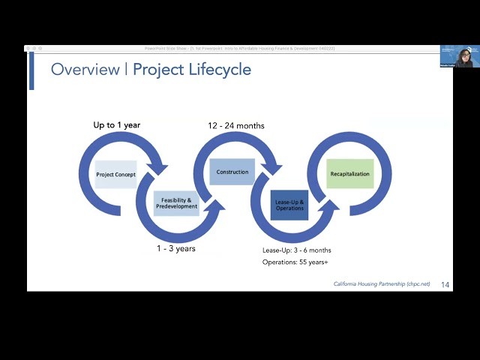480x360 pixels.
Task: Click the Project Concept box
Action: pos(116,175)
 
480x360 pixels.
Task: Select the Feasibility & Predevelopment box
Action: pos(176,203)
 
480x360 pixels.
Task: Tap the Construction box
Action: pos(232,172)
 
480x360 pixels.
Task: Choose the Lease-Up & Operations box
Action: pos(289,205)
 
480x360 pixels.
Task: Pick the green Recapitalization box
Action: pos(349,174)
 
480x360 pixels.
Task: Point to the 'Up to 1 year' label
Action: pos(116,124)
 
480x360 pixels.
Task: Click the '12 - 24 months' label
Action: pos(236,125)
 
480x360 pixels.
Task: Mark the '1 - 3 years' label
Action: pos(176,247)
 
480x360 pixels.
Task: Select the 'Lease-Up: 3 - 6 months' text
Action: pos(296,250)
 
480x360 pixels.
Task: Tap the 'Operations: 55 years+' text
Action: pos(295,262)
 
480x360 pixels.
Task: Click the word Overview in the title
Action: pos(85,70)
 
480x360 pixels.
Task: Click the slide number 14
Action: pos(445,284)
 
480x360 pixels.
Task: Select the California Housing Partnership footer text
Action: pos(382,284)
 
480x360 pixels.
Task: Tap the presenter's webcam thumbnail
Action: pos(459,57)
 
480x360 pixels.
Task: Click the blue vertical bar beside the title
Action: pos(31,70)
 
